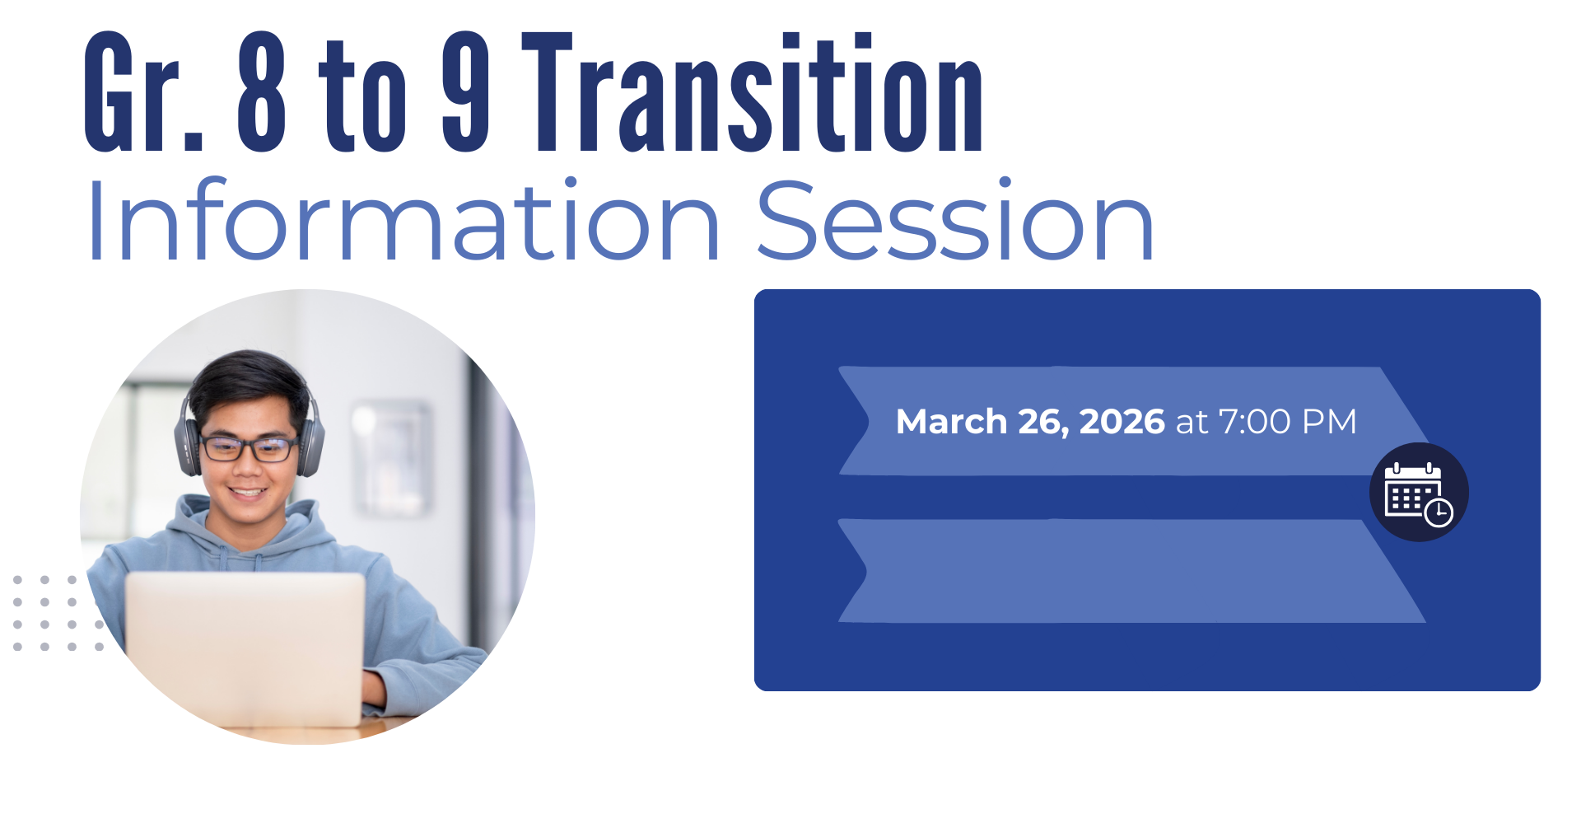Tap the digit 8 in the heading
[261, 92]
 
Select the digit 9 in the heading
[465, 92]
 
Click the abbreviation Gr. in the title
[143, 92]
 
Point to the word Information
[403, 220]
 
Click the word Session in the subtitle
[955, 220]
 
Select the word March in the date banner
[951, 422]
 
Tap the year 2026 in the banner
[1122, 422]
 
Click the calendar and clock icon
[1419, 493]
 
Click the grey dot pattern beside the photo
[58, 614]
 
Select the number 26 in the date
[1043, 423]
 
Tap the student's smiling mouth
[247, 493]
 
